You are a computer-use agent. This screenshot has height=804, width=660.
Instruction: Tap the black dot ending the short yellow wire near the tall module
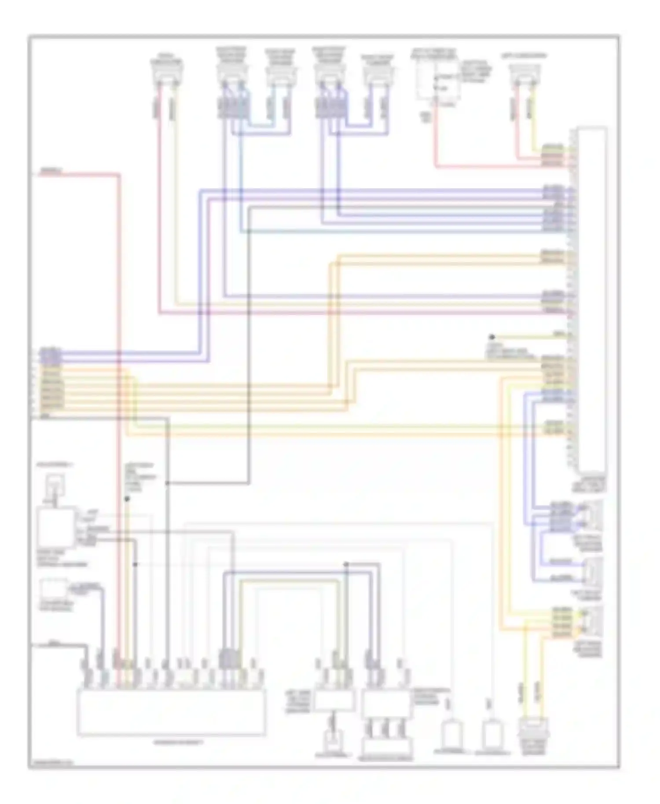492,337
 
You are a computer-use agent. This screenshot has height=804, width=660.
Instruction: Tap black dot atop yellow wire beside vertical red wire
127,499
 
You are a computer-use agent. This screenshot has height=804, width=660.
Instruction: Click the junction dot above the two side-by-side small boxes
346,564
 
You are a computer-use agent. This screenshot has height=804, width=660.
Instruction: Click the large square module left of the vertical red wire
56,527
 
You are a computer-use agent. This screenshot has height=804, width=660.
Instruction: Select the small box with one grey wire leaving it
54,589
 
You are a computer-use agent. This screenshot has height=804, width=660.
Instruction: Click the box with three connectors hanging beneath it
386,704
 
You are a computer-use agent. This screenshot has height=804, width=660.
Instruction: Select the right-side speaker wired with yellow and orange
591,620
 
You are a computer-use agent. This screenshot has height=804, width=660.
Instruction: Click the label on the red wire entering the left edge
51,171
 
